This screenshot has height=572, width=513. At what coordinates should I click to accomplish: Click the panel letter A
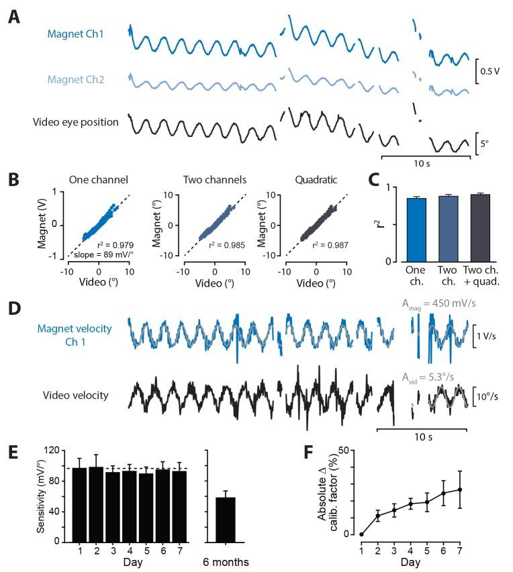coord(13,16)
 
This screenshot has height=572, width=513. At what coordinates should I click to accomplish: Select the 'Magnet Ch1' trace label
coord(76,34)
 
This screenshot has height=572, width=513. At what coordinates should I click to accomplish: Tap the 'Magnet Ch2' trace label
coord(76,79)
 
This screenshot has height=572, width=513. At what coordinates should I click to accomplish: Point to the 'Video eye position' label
coord(76,122)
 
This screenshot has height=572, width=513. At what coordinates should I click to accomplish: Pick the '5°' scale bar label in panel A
coord(488,143)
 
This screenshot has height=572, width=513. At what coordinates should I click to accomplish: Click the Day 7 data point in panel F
coord(460,489)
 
